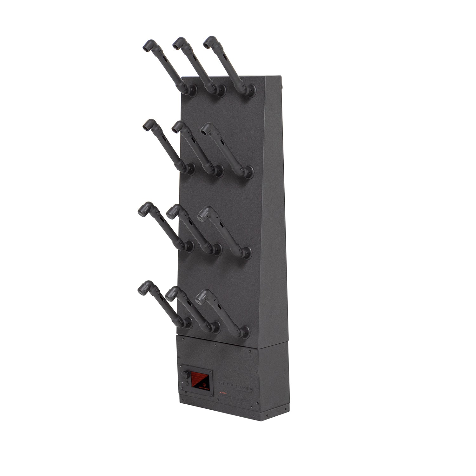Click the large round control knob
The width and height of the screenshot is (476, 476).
click(x=185, y=375)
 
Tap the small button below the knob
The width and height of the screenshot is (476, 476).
click(x=187, y=384)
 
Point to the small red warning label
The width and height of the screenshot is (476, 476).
click(x=223, y=393)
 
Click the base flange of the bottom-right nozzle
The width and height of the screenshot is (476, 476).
click(x=245, y=331)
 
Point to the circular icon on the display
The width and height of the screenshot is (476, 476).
click(x=204, y=385)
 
